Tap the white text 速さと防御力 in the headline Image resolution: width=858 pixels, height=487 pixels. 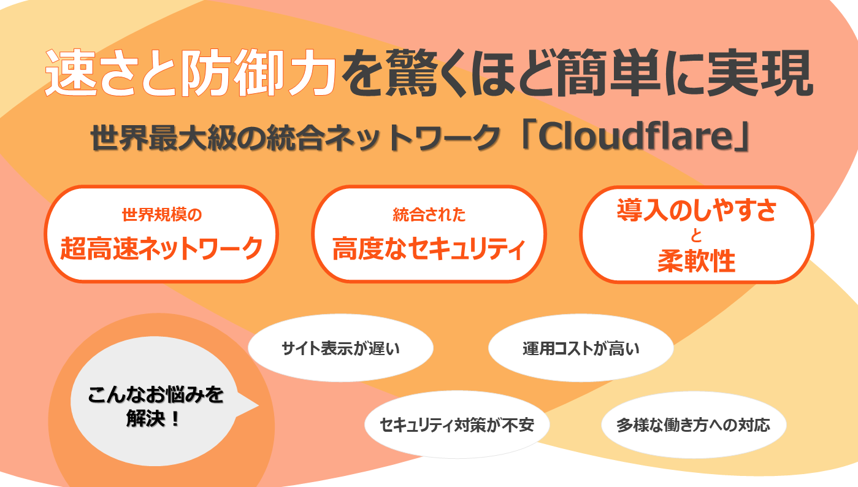(190, 73)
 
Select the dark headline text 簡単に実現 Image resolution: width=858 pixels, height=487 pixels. (684, 73)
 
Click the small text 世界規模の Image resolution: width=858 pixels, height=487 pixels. (162, 215)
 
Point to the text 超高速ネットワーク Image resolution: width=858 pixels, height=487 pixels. (162, 248)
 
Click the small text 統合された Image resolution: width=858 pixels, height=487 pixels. (429, 215)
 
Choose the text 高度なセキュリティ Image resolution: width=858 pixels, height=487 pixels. (429, 248)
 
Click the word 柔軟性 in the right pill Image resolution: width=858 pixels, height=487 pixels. (696, 261)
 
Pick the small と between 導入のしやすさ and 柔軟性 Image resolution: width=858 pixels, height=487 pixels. (696, 236)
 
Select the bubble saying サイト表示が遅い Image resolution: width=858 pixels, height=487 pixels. (340, 348)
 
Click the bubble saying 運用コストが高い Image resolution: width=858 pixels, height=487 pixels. (581, 348)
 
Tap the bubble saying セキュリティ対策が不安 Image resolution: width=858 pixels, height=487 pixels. (456, 424)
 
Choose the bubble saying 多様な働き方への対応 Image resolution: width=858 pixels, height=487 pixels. (694, 424)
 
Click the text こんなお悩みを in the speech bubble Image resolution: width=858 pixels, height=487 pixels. (155, 394)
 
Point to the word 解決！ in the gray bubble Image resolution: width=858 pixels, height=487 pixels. (153, 418)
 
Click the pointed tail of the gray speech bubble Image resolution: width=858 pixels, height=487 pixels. (258, 405)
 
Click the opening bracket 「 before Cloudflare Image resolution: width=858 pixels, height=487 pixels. (526, 136)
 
